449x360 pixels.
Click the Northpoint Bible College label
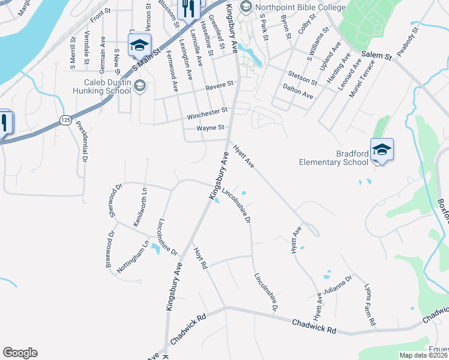coord(300,8)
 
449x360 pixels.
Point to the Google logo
coord(20,353)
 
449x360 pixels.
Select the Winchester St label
coord(208,111)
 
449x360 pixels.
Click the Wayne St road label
coord(211,128)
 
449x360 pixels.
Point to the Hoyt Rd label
coord(200,257)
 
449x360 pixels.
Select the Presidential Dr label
coord(83,144)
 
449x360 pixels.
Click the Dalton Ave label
coord(298,91)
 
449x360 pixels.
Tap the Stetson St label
coord(303,77)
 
